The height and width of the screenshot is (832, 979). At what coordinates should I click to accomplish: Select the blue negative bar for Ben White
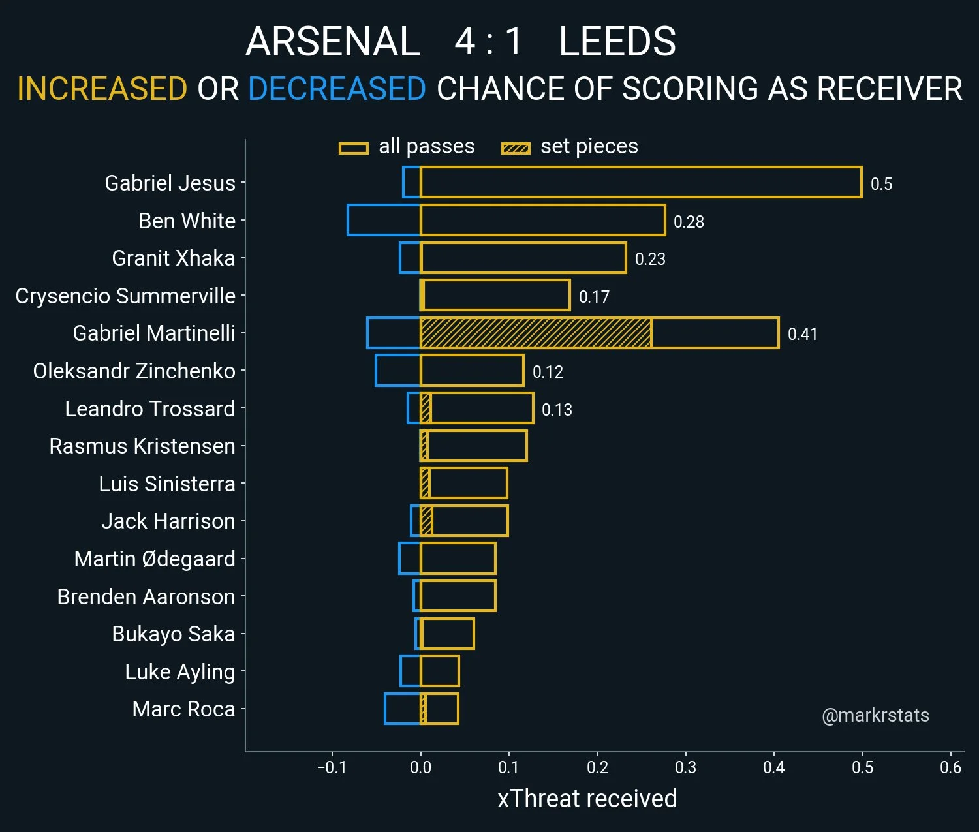[x=384, y=220]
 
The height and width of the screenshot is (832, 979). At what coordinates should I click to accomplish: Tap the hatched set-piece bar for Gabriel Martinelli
[x=535, y=333]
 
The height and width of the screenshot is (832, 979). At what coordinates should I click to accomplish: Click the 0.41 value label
[x=802, y=334]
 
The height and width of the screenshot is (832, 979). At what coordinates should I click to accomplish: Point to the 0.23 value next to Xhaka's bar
[x=650, y=259]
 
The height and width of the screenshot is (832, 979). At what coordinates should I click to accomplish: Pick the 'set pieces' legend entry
[x=569, y=147]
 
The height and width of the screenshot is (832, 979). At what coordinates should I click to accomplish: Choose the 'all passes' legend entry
[x=407, y=147]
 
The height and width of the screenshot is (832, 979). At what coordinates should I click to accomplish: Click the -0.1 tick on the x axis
[x=332, y=767]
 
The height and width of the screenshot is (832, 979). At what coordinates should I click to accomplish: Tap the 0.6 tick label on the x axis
[x=950, y=767]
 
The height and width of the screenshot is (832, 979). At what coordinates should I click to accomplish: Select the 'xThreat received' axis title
[x=587, y=799]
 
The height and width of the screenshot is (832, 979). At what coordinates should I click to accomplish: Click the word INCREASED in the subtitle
[x=102, y=89]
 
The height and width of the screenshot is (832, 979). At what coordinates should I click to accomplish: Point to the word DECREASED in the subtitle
[x=337, y=89]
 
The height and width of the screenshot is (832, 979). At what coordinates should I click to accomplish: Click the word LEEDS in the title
[x=617, y=42]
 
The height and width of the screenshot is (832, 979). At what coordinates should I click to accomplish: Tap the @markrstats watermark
[x=875, y=715]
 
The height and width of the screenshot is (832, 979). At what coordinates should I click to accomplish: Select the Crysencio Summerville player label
[x=125, y=296]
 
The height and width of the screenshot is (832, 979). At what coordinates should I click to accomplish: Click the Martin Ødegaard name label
[x=155, y=559]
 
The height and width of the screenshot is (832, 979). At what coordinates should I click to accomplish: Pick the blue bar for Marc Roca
[x=402, y=709]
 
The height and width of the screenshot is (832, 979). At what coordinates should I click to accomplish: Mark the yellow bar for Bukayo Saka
[x=448, y=634]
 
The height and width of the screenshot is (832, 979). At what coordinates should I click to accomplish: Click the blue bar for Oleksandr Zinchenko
[x=397, y=371]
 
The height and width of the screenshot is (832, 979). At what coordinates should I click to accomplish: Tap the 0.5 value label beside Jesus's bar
[x=881, y=184]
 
